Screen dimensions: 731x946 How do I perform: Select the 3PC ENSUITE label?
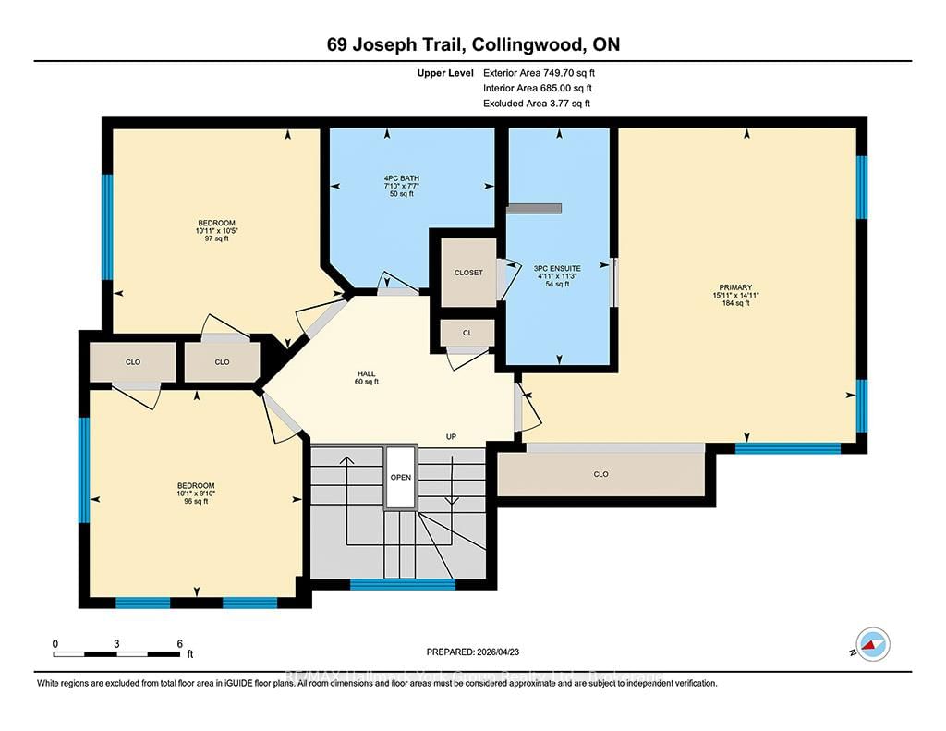pos(557,267)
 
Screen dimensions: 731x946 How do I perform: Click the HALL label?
pos(367,375)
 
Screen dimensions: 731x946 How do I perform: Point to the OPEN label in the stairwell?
pos(400,477)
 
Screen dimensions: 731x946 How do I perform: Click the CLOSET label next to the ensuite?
pos(468,273)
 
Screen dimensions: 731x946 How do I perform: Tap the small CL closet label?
pos(467,333)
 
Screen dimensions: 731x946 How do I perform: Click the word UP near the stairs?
pos(452,436)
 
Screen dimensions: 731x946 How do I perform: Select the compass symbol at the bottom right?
pos(872,643)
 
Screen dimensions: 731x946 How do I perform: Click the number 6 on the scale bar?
pos(179,643)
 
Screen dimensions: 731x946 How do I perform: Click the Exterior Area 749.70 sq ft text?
pos(546,72)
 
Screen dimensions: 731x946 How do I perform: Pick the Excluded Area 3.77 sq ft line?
pos(537,104)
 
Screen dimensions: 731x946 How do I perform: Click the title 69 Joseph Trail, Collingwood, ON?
pos(472,44)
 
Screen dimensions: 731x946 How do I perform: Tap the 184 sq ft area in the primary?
pos(736,303)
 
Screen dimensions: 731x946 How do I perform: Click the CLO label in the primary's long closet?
pos(600,474)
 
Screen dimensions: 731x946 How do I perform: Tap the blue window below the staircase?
pos(403,584)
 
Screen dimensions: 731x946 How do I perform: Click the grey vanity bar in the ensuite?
pos(534,208)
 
